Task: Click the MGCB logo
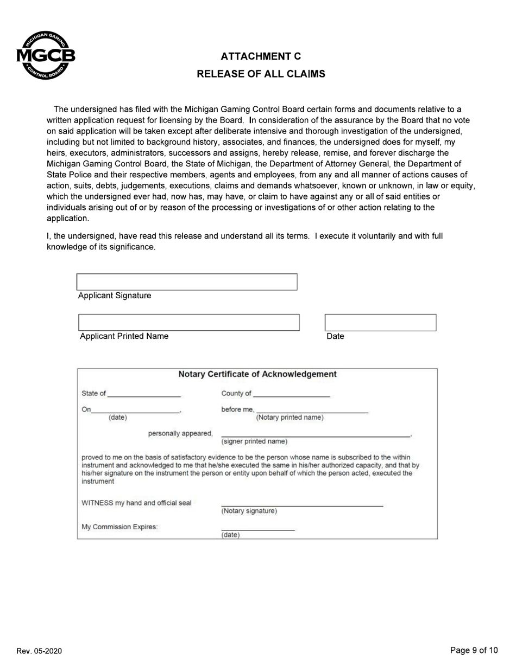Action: [46, 56]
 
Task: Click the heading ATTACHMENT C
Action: [261, 56]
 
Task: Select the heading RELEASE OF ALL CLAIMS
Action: [261, 74]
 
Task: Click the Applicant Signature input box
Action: [187, 282]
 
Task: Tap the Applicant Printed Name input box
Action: [189, 323]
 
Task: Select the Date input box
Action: [380, 323]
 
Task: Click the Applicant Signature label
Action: [115, 296]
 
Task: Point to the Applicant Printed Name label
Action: [124, 336]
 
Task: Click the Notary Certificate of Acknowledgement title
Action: [257, 374]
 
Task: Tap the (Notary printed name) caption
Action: [290, 418]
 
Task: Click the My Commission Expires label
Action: [119, 527]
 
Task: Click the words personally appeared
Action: [180, 433]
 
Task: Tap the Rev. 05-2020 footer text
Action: [39, 651]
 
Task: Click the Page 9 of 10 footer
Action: [474, 650]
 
